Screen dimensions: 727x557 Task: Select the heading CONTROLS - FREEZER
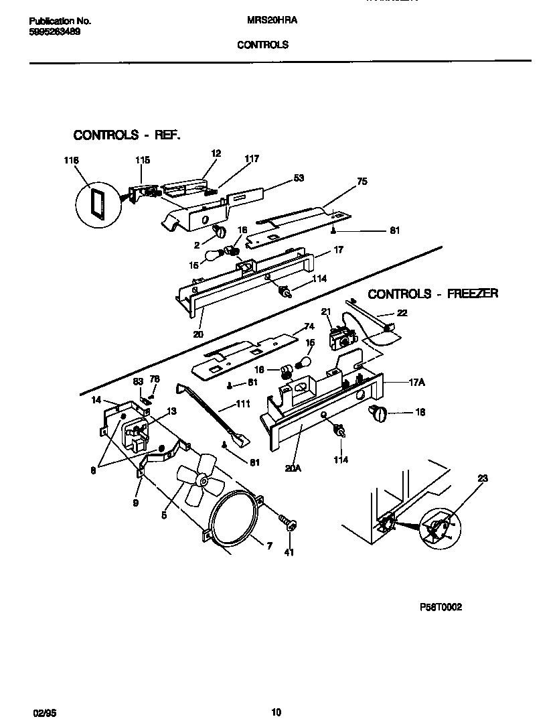point(432,294)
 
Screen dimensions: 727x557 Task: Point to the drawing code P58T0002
point(441,608)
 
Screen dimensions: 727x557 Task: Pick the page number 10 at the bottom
point(277,712)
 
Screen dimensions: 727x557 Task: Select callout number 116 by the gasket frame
point(71,161)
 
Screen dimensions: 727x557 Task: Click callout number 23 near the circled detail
point(483,478)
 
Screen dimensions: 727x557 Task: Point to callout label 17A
point(417,382)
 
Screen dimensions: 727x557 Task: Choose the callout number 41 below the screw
point(289,553)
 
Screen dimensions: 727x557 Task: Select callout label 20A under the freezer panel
point(293,468)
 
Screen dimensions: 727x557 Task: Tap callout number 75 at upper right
point(362,181)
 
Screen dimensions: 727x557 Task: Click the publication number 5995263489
point(56,31)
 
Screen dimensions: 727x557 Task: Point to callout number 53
point(299,178)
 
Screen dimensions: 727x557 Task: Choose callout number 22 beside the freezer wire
point(402,313)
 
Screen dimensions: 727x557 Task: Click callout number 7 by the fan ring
point(269,547)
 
